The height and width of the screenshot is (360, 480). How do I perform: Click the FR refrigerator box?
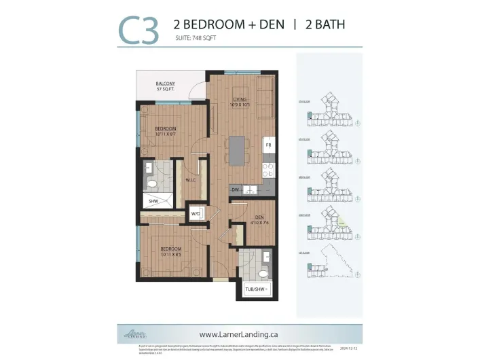tap(268, 145)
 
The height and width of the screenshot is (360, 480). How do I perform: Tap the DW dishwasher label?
tap(235, 190)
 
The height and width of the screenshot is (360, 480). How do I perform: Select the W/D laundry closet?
tap(196, 213)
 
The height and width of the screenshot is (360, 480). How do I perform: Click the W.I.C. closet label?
tap(191, 180)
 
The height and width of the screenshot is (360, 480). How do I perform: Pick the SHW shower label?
tap(154, 202)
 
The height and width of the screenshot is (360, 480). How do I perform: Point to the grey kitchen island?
tap(236, 150)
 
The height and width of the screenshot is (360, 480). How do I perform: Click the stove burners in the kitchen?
tap(268, 170)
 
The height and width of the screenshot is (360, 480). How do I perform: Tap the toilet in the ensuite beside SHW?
tap(153, 183)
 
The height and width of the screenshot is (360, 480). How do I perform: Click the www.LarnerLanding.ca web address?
tap(240, 334)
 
